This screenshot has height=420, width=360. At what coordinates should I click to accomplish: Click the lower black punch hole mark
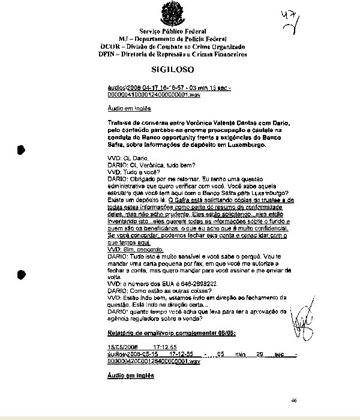pos(22,274)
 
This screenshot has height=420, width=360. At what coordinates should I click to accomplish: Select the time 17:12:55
pos(164,347)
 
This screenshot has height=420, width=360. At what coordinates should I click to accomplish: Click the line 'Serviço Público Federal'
pos(173,31)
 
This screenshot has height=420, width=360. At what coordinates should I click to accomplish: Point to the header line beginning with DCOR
pos(173,46)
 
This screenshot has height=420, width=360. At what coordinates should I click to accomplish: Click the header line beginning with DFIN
pos(173,54)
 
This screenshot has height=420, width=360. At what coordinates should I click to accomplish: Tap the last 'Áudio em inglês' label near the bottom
pos(130,376)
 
